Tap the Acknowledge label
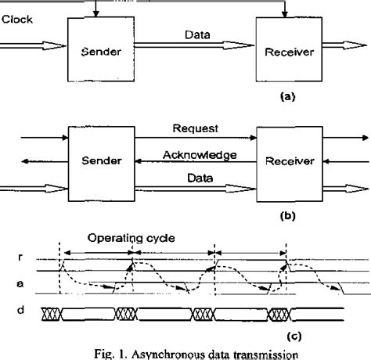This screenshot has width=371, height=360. (x=201, y=155)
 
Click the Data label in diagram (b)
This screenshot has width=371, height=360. (x=202, y=178)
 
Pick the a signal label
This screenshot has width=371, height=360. (x=8, y=286)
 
